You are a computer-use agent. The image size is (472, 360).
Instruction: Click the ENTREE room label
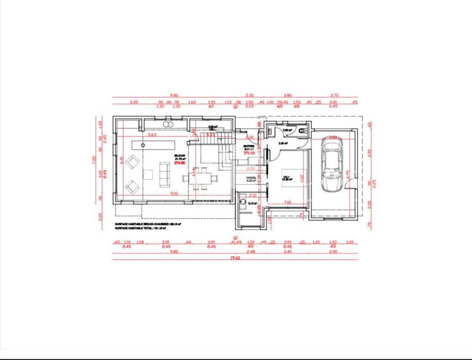click(249, 146)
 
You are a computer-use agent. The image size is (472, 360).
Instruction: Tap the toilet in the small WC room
click(301, 131)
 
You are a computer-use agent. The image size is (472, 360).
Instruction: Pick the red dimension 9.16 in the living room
click(157, 194)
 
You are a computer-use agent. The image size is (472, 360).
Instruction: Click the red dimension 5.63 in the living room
click(152, 135)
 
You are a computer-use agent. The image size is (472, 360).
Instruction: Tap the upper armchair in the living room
click(133, 161)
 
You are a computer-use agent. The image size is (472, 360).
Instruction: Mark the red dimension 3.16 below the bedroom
click(288, 202)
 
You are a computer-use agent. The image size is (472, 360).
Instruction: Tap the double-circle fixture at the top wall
click(167, 125)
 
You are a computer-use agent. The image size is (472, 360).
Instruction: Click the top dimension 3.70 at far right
click(335, 95)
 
